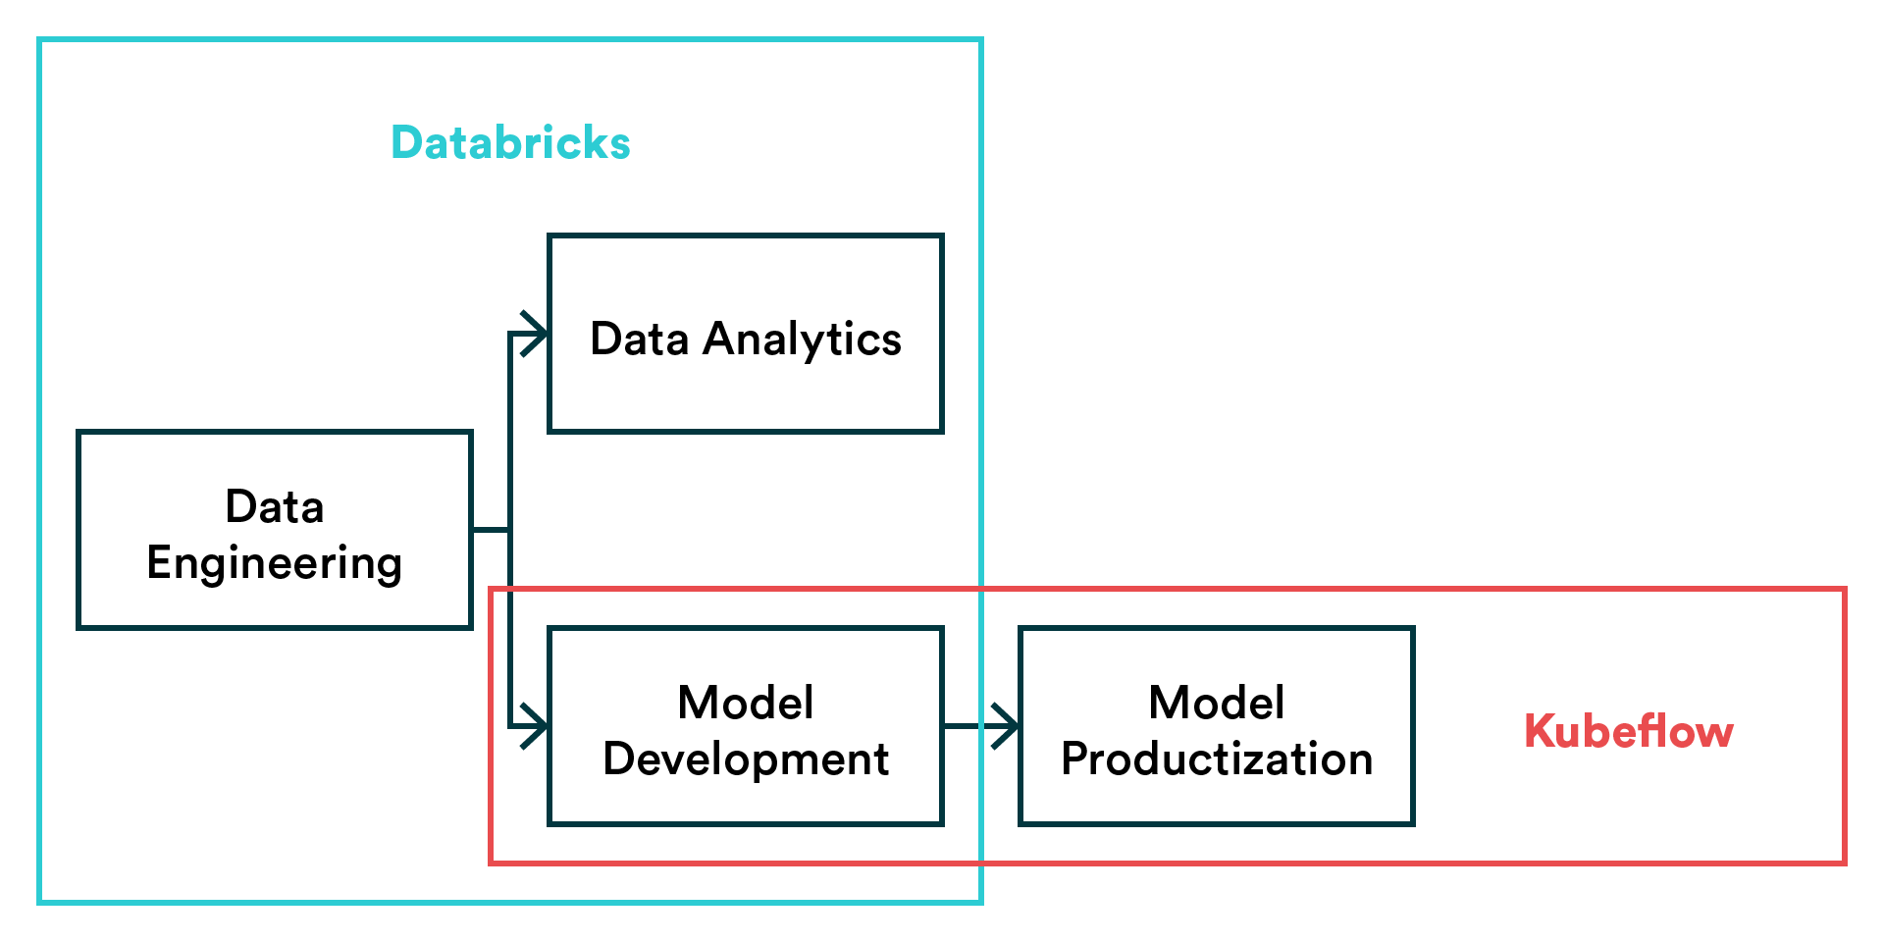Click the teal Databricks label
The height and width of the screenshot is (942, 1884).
point(510,142)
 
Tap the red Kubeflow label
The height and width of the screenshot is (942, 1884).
point(1629,731)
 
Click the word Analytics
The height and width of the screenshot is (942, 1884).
point(803,340)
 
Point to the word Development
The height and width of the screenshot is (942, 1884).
point(746,760)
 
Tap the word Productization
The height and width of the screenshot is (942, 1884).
point(1217,759)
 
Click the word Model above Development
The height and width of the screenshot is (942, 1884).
point(746,703)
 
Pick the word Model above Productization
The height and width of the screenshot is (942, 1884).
point(1217,703)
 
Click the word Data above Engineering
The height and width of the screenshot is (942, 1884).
point(275,507)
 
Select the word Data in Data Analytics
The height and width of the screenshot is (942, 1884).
point(640,339)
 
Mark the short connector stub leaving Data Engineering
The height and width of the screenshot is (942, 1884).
point(491,530)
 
